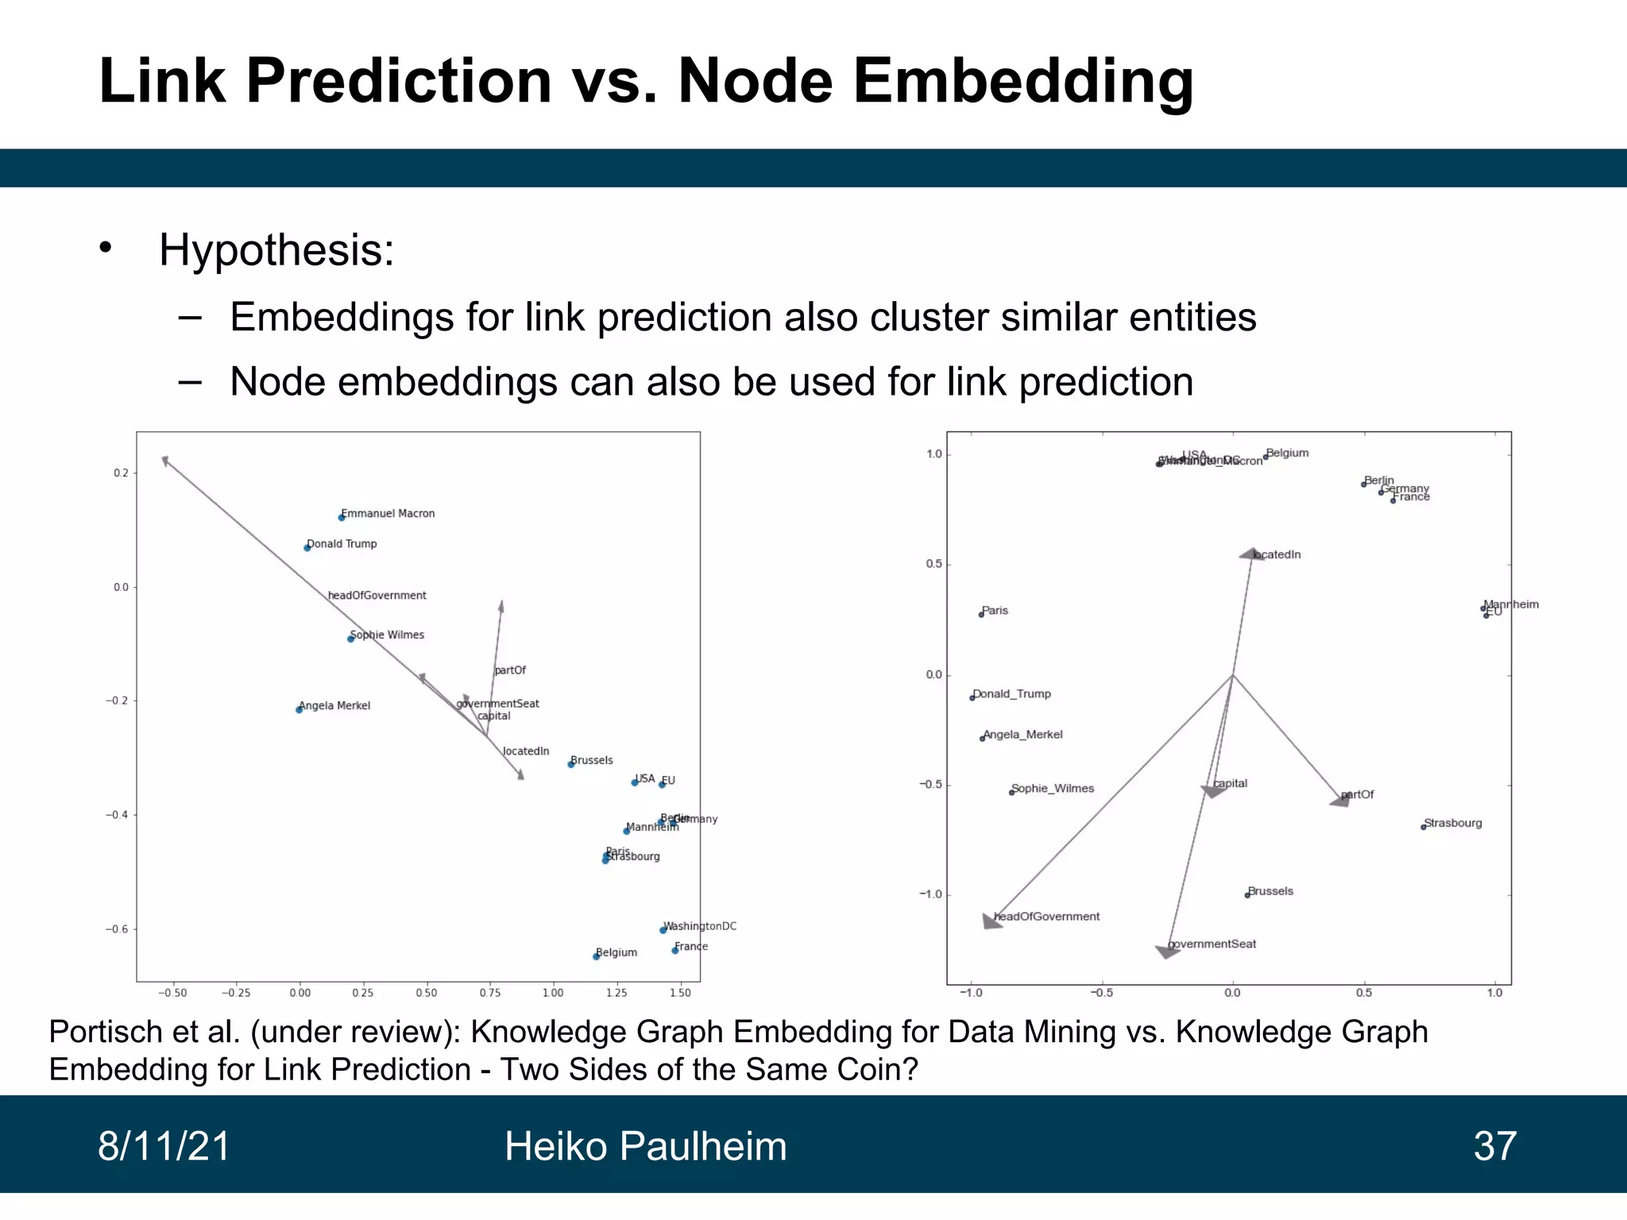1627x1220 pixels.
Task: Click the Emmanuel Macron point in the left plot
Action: pos(342,517)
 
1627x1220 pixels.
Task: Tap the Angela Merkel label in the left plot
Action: pos(334,705)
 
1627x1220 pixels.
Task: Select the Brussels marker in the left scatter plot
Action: pos(570,764)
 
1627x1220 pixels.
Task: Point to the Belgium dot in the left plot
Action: pos(596,956)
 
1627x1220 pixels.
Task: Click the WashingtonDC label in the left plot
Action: pos(700,926)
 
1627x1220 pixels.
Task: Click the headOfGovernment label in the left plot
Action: pos(377,595)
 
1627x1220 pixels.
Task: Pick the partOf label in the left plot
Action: pos(510,670)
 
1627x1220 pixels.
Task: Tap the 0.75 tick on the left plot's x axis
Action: pos(490,993)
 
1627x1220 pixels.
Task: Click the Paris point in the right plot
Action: pos(981,615)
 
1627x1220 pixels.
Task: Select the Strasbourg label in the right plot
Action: pos(1453,823)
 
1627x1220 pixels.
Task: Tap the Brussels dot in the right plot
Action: pos(1247,895)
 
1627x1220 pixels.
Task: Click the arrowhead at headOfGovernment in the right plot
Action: pos(991,921)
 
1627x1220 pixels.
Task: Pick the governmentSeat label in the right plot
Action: pos(1212,944)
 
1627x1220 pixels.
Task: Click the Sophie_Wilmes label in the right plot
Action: pos(1053,788)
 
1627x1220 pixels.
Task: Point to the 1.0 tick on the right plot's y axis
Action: pos(934,454)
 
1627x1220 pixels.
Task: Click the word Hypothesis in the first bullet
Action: pos(276,250)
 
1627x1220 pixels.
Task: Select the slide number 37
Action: pos(1494,1146)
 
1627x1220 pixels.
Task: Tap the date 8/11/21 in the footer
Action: pos(164,1146)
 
